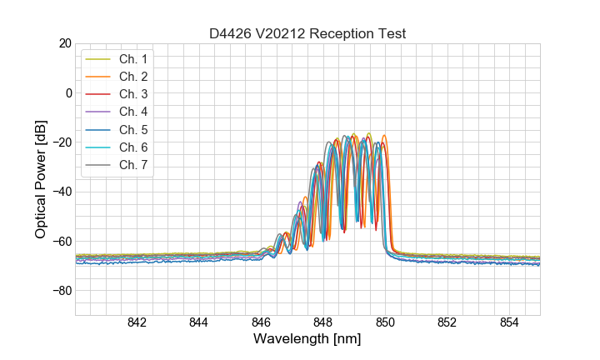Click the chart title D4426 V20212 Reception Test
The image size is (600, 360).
[307, 33]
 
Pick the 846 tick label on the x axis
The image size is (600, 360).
[261, 323]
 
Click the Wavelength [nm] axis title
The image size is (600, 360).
[307, 340]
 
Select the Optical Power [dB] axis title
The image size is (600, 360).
[41, 179]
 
